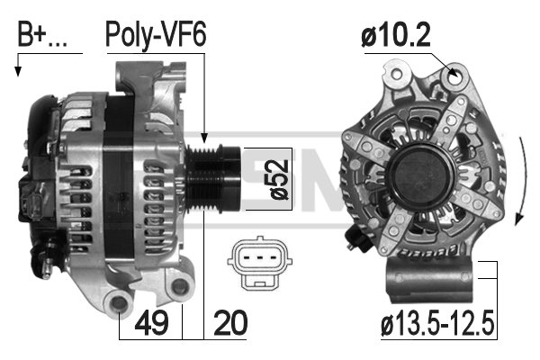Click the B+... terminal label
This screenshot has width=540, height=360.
42,34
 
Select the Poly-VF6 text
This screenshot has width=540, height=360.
156,34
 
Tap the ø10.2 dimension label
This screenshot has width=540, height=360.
396,36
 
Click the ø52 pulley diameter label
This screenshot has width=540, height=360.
279,179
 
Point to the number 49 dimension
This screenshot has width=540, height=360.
151,322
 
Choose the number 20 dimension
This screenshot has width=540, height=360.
230,322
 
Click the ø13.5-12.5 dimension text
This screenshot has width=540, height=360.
437,324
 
